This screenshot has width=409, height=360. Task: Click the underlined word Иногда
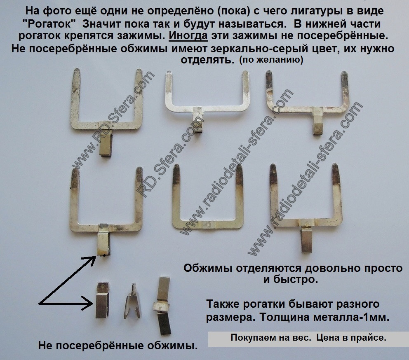[188, 36]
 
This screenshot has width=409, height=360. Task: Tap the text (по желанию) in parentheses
[271, 60]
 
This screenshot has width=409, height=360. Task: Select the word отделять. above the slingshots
[206, 60]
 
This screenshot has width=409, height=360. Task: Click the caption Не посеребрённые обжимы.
[118, 346]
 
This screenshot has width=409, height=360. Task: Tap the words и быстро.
[290, 280]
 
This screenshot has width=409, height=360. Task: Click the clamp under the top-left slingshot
[106, 140]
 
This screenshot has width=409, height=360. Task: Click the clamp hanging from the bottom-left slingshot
[104, 240]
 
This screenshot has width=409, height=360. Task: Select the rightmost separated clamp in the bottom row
[162, 306]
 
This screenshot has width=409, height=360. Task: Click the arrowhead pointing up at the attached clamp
[91, 261]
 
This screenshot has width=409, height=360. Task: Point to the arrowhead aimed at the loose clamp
[87, 303]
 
